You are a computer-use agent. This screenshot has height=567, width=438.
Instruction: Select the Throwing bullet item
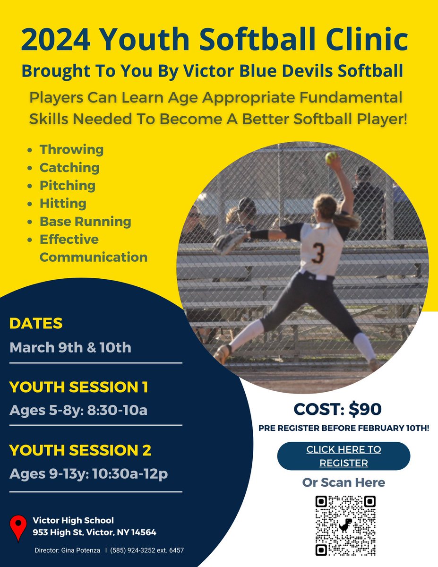tap(71, 150)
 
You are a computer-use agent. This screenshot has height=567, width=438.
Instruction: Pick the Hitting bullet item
tap(63, 204)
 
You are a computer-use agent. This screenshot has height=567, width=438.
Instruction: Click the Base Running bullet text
tap(85, 222)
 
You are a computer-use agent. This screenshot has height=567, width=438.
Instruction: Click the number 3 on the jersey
tap(318, 254)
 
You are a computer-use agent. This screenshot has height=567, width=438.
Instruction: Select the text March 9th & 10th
tap(70, 348)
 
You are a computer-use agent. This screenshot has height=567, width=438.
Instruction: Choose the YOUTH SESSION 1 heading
tap(78, 387)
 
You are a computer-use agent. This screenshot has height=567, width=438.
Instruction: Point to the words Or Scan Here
tap(344, 482)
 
